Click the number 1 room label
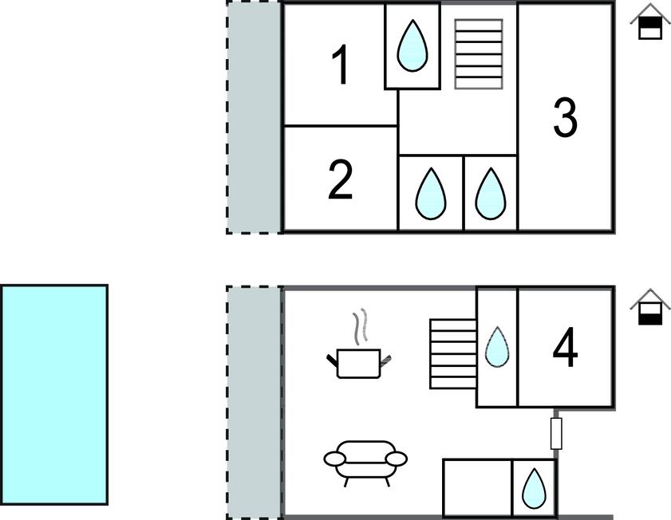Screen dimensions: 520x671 click(341, 66)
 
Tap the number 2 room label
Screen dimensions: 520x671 click(341, 180)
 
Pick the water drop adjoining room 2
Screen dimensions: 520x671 click(431, 194)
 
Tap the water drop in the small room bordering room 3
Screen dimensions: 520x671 click(491, 194)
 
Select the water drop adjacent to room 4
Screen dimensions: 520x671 click(497, 348)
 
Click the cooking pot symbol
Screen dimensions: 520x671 click(358, 363)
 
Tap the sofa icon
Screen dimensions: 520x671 click(365, 460)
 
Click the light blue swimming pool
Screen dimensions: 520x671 click(54, 394)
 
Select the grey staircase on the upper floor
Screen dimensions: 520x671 click(479, 53)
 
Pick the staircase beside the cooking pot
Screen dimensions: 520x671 click(453, 353)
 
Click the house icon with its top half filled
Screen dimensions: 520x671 click(650, 24)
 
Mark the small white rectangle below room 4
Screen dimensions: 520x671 click(556, 433)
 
